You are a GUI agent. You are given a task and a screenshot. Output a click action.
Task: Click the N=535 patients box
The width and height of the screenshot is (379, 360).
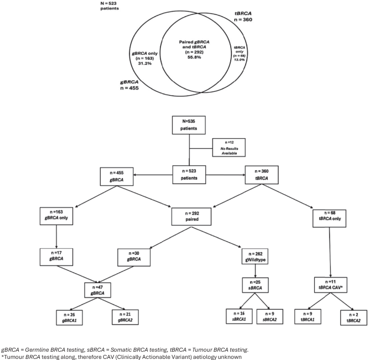pos(189,125)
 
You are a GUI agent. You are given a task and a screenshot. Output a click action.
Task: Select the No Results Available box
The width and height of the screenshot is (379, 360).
pos(229,148)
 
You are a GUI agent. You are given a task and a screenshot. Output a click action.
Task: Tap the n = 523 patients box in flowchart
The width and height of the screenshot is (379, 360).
pos(189,175)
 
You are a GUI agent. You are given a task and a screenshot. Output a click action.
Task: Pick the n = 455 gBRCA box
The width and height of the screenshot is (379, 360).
pos(117,176)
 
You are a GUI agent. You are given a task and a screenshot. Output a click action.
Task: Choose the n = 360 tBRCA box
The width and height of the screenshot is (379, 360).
pos(262,175)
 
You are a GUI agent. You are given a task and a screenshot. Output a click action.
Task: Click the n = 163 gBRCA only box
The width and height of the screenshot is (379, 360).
pos(56,216)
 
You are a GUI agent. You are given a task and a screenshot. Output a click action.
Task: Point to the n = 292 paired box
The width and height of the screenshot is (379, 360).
pos(191,217)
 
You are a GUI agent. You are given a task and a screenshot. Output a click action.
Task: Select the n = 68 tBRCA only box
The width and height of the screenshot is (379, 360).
pos(329,218)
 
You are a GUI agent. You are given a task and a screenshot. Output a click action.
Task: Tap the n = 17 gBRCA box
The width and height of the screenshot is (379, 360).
pos(56,257)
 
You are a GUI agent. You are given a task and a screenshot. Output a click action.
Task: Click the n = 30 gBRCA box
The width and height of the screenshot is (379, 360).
pos(134,258)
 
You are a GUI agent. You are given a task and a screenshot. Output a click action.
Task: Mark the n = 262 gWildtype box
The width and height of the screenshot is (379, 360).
pos(255,257)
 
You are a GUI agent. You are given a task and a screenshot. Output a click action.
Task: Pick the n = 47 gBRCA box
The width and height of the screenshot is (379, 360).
pos(97,290)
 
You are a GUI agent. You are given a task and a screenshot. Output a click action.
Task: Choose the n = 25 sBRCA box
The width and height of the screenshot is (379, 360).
pos(256,285)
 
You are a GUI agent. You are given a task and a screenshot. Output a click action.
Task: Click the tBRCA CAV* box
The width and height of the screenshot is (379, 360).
pos(331,285)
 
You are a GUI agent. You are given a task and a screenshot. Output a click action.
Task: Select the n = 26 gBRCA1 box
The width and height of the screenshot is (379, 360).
pos(69,317)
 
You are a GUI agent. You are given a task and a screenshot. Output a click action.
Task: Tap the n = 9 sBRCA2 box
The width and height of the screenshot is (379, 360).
pos(270,316)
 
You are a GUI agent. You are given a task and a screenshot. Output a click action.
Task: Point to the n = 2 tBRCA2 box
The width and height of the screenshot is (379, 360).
pos(354,318)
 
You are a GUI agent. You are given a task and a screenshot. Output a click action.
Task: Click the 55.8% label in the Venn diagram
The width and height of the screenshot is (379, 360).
pos(194,58)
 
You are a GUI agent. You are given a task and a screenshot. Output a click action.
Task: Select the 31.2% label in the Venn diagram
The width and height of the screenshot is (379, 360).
pos(145,63)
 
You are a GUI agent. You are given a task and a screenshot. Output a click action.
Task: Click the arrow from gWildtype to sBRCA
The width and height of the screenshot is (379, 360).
pos(255,271)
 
